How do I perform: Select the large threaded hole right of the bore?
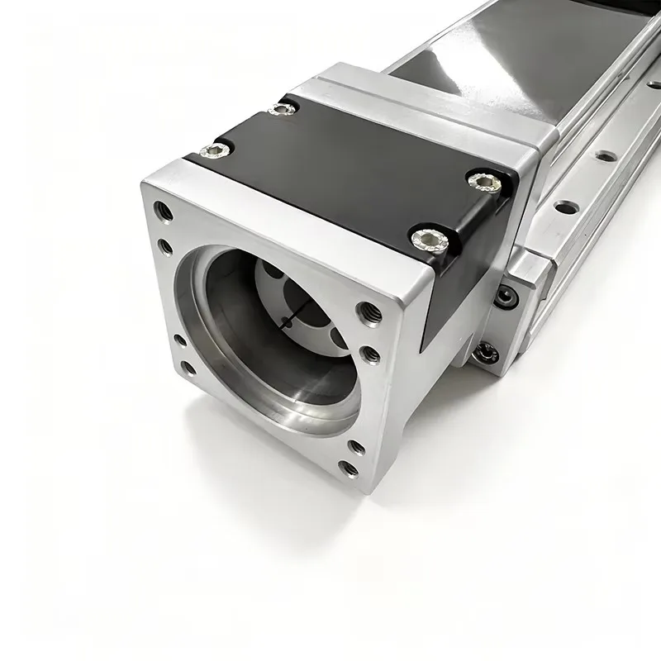pyautogui.click(x=364, y=312)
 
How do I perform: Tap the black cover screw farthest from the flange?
pyautogui.click(x=283, y=108)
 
